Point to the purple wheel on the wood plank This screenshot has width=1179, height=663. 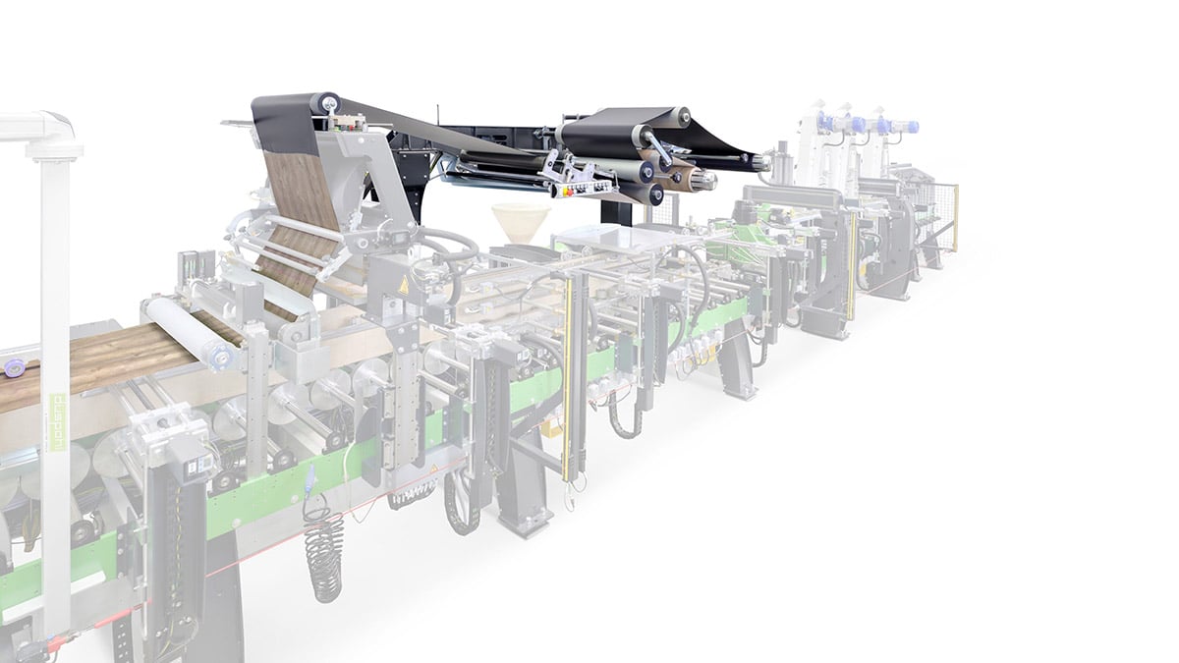[x=14, y=368]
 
